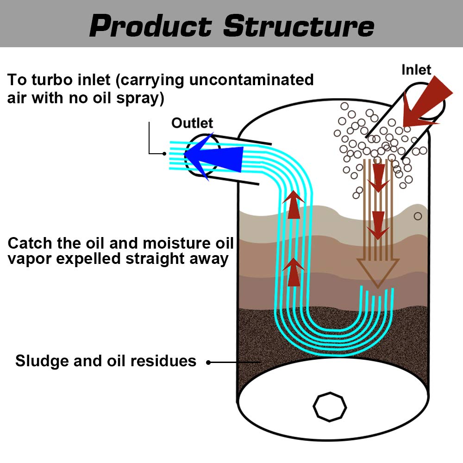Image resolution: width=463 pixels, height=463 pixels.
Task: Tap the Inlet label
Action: [416, 70]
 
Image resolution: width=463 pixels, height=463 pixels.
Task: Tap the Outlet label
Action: [192, 123]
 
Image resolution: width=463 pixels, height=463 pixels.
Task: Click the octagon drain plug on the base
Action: [329, 407]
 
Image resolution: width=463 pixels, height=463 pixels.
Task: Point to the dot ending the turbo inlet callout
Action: [164, 154]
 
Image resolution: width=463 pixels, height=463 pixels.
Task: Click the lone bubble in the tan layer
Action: [418, 216]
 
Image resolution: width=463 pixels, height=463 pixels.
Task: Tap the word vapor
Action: [29, 258]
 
